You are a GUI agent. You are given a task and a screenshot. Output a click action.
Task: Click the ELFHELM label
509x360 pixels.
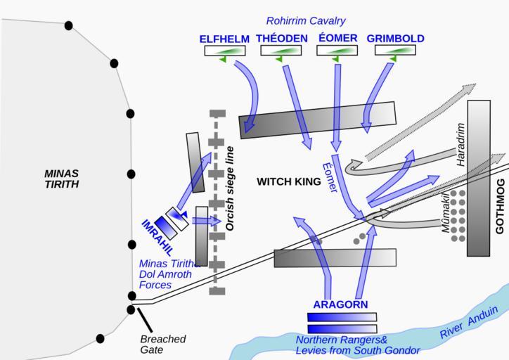coord(224,39)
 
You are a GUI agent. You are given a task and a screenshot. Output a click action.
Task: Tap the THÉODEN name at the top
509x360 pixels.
coord(282,39)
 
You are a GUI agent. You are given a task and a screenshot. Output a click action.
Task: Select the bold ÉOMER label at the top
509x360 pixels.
coord(337,38)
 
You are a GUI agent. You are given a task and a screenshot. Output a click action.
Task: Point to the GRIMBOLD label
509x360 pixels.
coord(395,39)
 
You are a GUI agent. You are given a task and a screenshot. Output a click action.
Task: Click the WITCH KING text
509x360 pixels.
coord(288,182)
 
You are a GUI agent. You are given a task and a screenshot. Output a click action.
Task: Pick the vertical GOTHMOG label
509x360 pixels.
coord(501,210)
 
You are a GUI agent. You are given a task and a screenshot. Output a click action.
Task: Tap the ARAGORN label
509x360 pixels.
coord(340,304)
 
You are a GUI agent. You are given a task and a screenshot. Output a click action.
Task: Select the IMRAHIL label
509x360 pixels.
coord(157,236)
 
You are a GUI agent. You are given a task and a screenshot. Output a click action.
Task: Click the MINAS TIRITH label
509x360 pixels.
coord(61,179)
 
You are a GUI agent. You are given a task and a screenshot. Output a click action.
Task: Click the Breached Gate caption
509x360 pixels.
coord(162,345)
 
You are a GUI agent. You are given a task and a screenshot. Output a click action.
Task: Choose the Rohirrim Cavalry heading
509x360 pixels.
coord(306,21)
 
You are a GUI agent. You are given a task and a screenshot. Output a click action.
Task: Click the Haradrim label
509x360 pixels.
coord(461,144)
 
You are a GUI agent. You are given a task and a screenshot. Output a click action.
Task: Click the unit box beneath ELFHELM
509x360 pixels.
coord(225,51)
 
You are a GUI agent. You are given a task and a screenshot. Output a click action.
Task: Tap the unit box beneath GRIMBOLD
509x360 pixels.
coord(394,51)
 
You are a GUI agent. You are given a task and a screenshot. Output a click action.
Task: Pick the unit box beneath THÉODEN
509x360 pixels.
coord(281,51)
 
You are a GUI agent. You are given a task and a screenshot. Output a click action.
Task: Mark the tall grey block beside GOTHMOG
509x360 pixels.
coord(478,178)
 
